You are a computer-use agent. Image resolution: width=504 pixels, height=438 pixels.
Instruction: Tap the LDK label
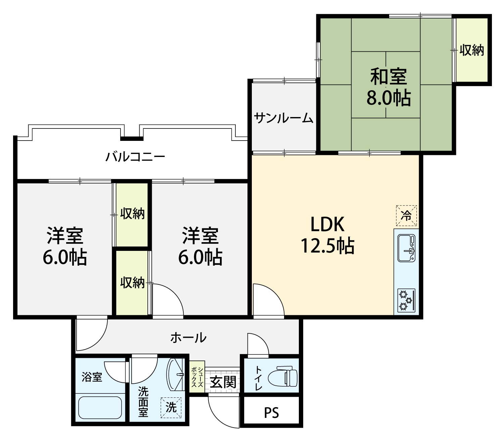point(327,224)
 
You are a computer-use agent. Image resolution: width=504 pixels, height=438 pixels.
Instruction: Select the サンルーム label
point(283,118)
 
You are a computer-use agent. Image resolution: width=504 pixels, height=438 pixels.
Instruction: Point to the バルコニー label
point(135,157)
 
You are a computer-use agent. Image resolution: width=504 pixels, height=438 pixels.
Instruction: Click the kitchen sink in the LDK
point(406,248)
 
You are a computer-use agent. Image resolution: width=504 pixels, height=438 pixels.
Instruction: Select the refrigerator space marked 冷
point(406,216)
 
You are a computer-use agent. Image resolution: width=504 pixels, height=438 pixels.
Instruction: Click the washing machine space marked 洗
point(171,407)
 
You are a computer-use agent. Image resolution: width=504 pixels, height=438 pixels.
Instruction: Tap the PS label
point(271,413)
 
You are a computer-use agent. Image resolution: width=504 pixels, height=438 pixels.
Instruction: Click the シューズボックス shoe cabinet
point(197,377)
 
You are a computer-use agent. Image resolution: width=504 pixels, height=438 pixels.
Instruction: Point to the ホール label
point(188,338)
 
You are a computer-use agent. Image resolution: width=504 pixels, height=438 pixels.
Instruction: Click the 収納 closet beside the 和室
point(472,50)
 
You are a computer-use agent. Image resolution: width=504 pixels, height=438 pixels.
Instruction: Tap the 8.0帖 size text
point(389,98)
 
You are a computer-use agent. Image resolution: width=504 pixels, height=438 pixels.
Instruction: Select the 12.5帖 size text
point(328,245)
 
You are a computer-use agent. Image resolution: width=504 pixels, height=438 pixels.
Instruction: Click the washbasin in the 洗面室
point(175,374)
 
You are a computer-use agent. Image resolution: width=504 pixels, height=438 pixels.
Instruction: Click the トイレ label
point(259,378)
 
